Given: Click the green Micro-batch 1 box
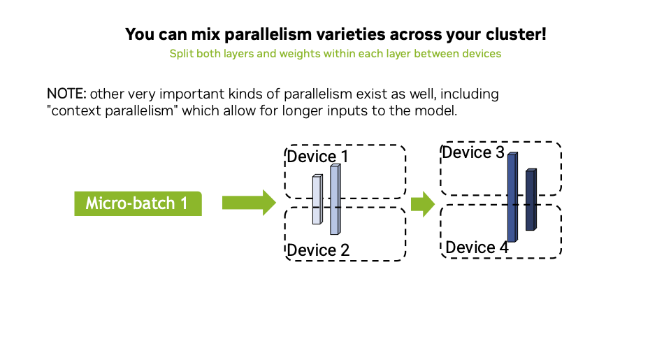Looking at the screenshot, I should tap(138, 203).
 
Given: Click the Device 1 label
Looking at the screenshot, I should tap(317, 156).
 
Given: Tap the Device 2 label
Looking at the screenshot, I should tap(318, 250).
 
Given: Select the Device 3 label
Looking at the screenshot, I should tap(473, 152).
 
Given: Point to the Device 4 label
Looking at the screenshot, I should tap(477, 247).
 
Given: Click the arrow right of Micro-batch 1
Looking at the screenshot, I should tap(249, 203).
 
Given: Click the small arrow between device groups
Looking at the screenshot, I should tap(422, 204).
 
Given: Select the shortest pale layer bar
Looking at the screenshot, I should tap(317, 200).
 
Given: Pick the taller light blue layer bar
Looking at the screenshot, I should tap(335, 200).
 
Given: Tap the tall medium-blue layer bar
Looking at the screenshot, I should tap(512, 198).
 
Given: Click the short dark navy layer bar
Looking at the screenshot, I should tap(531, 200).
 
